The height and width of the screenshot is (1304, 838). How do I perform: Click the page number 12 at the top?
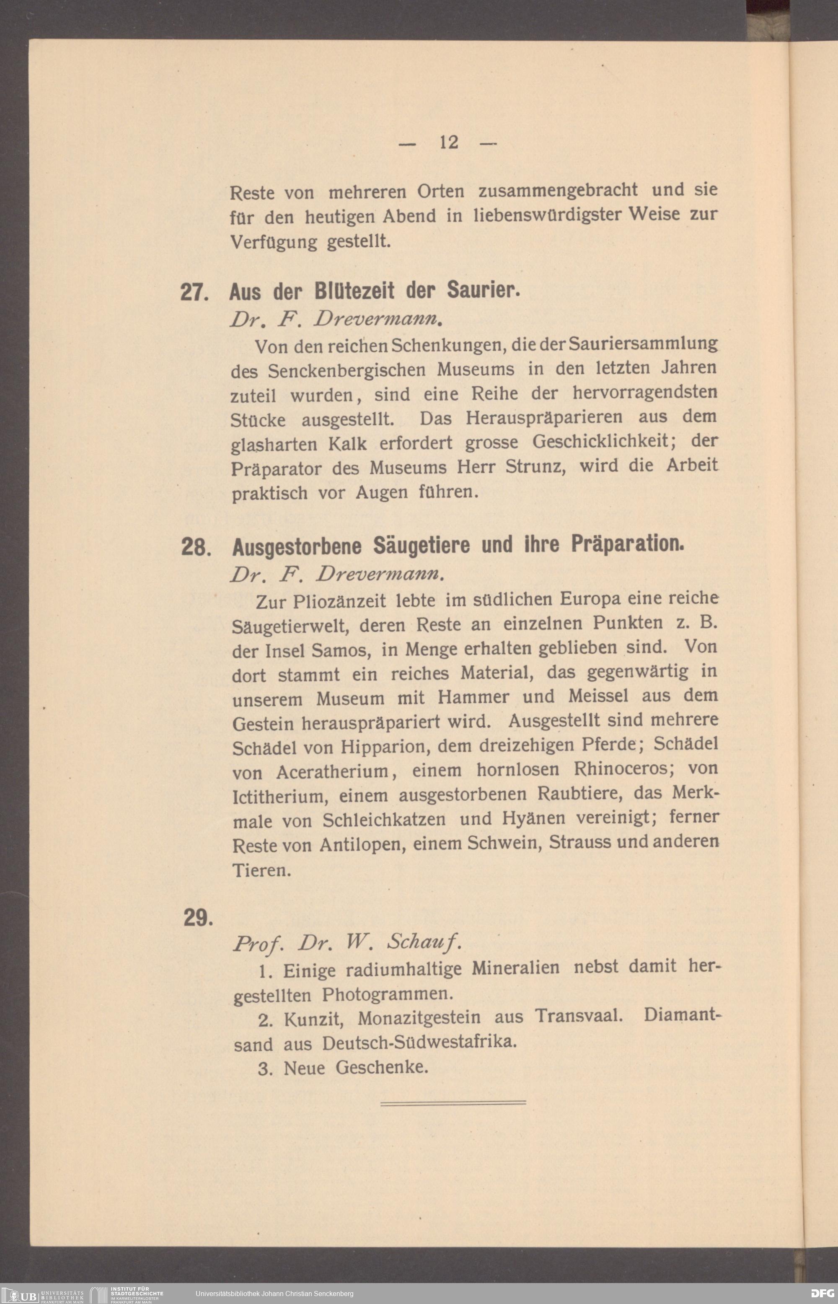point(449,142)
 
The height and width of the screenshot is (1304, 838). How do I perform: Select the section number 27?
point(194,292)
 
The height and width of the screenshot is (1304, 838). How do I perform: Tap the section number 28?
point(195,547)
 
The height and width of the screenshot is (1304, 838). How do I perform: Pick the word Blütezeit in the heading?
point(354,292)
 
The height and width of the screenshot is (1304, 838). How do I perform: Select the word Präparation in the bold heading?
point(627,543)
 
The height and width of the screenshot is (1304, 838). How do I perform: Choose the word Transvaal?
point(579,1016)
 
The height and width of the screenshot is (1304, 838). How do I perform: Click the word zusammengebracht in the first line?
point(557,190)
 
